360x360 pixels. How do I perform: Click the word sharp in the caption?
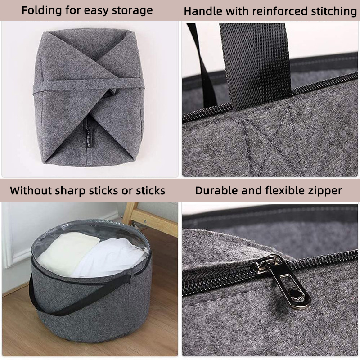click(x=71, y=191)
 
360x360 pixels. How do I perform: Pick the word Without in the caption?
click(x=31, y=191)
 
